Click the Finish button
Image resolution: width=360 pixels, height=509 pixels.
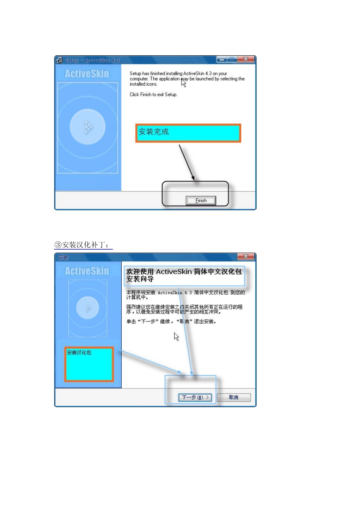click(x=201, y=201)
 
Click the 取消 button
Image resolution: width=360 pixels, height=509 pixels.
click(x=233, y=397)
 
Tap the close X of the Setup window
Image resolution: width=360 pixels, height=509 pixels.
click(x=246, y=59)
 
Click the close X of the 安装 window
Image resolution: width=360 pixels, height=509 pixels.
click(x=246, y=256)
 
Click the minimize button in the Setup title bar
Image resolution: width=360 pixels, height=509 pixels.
click(x=222, y=59)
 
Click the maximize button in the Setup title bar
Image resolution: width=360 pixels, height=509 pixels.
click(x=232, y=59)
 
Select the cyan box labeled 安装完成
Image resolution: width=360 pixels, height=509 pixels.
click(x=188, y=133)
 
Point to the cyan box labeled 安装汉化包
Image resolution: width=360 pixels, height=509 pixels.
click(x=89, y=364)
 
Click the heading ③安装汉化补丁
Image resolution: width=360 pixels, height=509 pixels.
click(x=83, y=245)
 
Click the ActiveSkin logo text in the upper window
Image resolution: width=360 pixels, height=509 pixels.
click(x=87, y=73)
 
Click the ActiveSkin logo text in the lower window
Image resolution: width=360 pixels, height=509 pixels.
click(x=87, y=271)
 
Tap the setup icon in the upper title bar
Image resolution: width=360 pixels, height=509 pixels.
click(x=59, y=60)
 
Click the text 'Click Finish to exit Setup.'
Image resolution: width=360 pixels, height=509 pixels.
click(x=153, y=95)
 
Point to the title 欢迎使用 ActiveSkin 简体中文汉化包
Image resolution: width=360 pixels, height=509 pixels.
click(x=184, y=272)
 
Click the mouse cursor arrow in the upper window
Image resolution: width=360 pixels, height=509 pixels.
click(x=183, y=83)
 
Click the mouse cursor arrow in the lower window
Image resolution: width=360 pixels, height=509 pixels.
click(x=176, y=336)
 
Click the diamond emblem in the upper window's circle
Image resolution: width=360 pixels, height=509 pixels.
click(x=88, y=127)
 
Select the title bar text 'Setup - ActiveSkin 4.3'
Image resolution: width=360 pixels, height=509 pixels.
click(x=92, y=60)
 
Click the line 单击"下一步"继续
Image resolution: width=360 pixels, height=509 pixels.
click(x=171, y=322)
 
